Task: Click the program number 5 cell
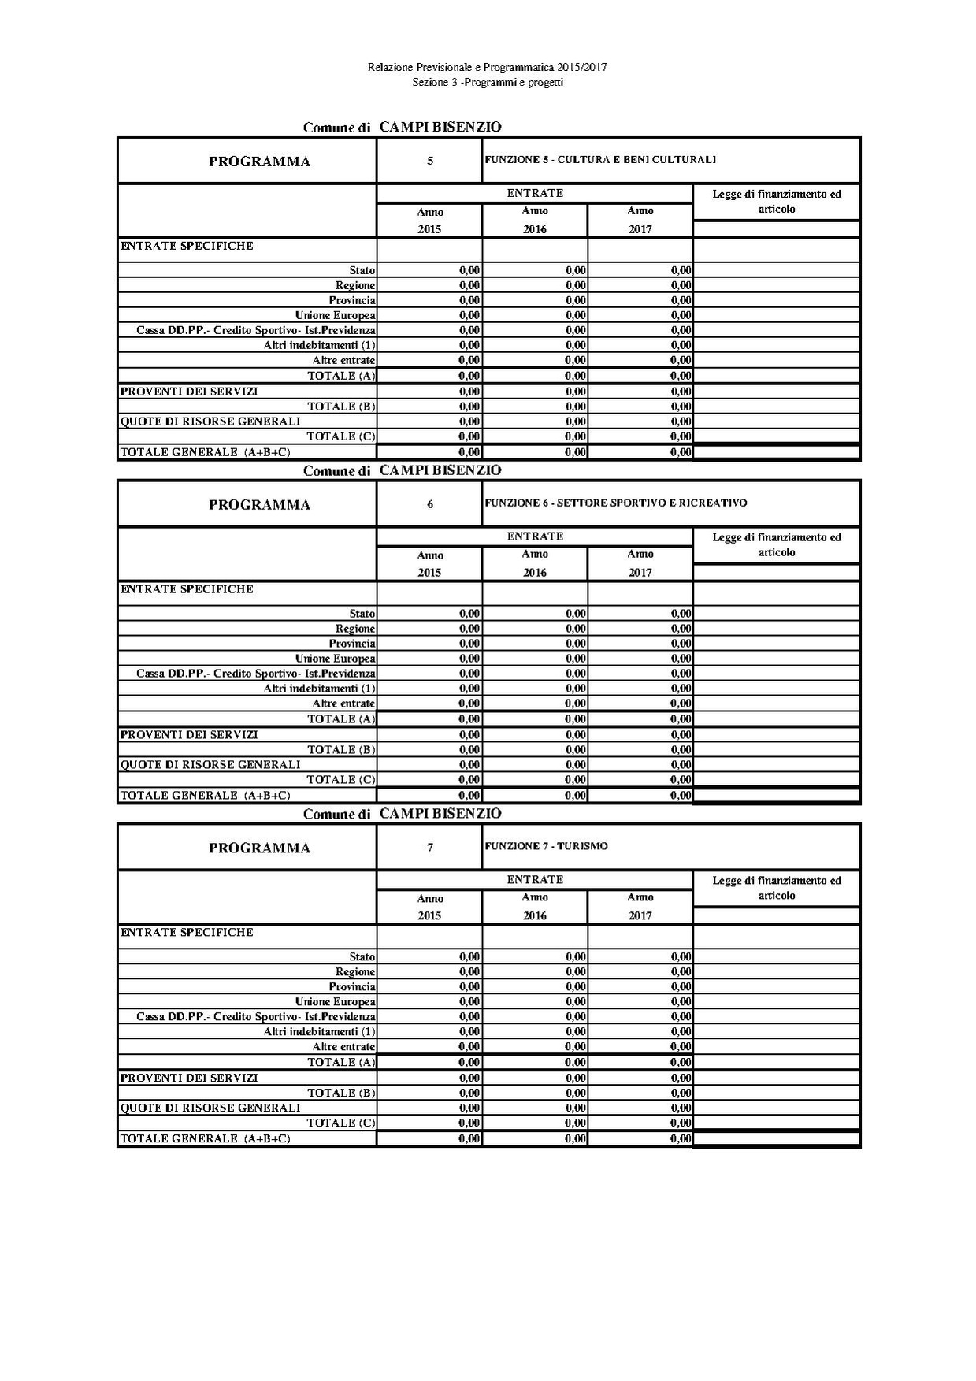tap(429, 161)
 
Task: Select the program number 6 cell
tap(429, 505)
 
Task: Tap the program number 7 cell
tap(429, 848)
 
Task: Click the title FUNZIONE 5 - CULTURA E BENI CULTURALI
tap(600, 160)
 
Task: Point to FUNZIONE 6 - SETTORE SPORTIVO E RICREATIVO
tap(616, 503)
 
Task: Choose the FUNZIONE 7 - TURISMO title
tap(547, 846)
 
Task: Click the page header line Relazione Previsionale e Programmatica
tap(487, 68)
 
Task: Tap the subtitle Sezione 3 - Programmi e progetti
tap(487, 82)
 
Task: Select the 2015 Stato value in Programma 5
tap(469, 270)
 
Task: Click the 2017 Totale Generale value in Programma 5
tap(681, 452)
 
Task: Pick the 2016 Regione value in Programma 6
tap(576, 629)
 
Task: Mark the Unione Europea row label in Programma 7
tap(335, 1002)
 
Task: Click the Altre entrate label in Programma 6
tap(343, 703)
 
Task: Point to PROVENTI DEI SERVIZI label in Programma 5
tap(189, 392)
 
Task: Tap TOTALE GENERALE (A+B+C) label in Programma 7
tap(205, 1138)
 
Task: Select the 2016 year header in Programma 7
tap(535, 915)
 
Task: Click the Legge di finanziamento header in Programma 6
tap(776, 544)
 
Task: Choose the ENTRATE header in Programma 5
tap(535, 193)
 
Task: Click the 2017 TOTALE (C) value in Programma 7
tap(681, 1123)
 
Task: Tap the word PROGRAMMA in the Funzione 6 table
tap(259, 505)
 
